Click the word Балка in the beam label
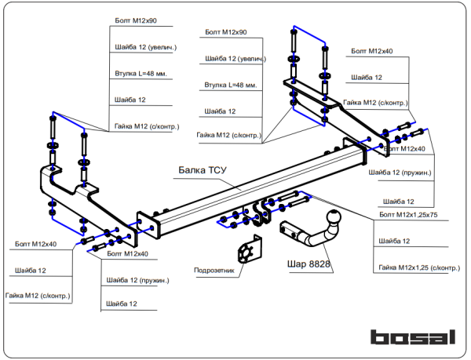(x=194, y=169)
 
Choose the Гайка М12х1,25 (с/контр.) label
(x=418, y=268)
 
